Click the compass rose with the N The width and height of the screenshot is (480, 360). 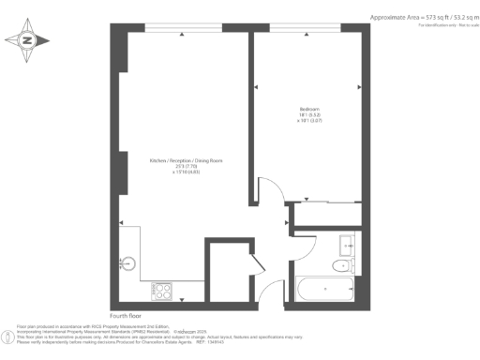coord(27,40)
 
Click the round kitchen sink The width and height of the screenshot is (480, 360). coord(129,264)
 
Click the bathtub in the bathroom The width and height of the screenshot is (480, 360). coord(325,290)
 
